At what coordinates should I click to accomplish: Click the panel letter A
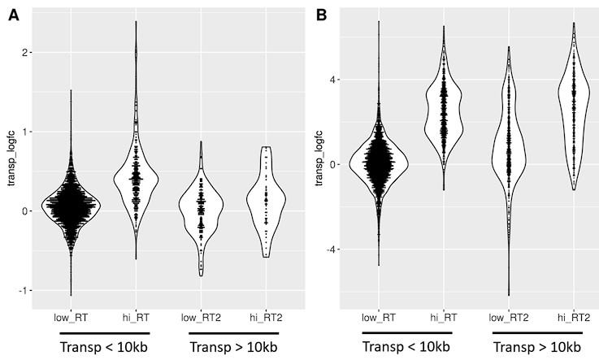click(14, 16)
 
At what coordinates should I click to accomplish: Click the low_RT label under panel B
click(380, 318)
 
